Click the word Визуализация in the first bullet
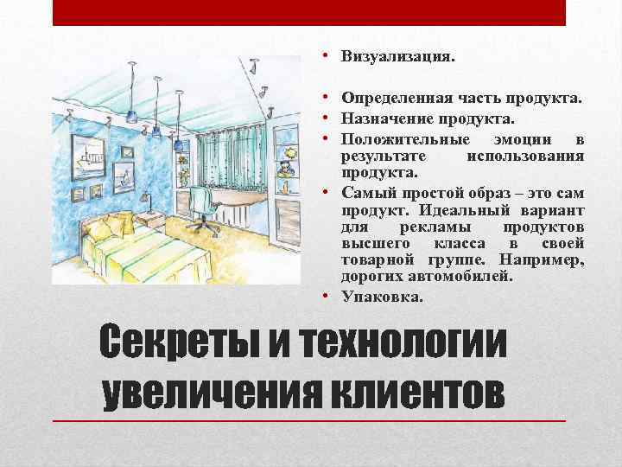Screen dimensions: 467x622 [x=397, y=57]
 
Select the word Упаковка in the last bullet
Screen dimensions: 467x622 [x=382, y=297]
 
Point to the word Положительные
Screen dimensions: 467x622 [x=404, y=139]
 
